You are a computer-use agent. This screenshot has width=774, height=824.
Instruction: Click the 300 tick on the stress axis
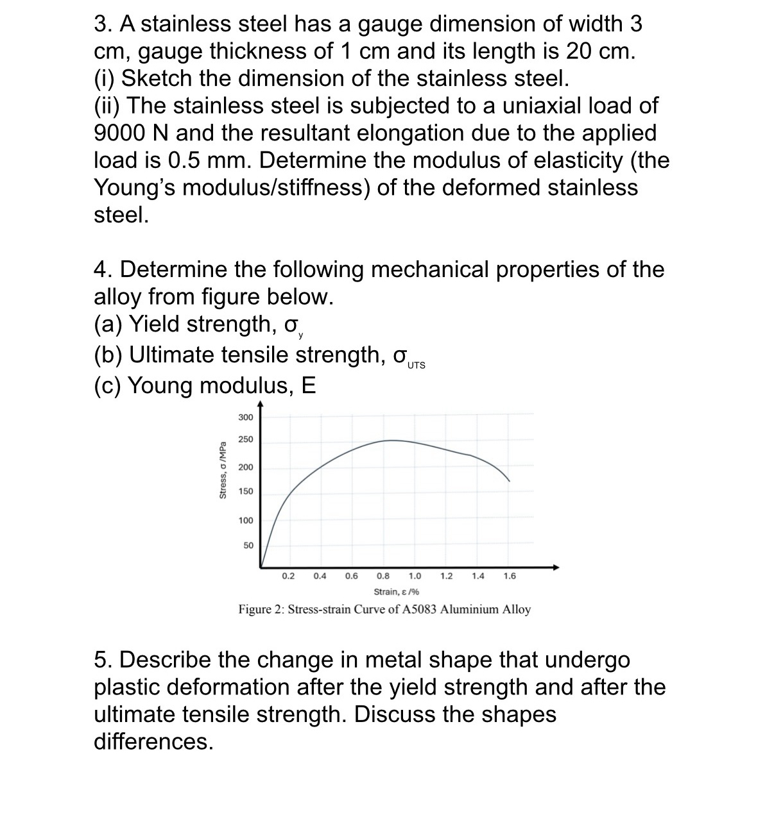(x=246, y=417)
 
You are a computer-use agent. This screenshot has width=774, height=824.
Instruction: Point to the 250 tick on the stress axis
(x=246, y=439)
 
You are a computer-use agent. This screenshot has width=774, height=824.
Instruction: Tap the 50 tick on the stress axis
(x=248, y=545)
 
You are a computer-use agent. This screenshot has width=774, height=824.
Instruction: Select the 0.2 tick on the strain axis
(x=288, y=576)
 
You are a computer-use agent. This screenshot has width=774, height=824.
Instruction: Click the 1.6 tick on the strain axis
(x=509, y=576)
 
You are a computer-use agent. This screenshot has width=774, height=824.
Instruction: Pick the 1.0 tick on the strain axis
(x=415, y=576)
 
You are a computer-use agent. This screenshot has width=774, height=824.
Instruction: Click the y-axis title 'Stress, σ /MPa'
(x=223, y=470)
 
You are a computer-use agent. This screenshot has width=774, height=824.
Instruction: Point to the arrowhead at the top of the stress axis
(x=260, y=404)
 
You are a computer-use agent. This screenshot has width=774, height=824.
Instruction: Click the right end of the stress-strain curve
(x=510, y=480)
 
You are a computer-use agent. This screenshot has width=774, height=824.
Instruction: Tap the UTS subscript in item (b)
(x=416, y=366)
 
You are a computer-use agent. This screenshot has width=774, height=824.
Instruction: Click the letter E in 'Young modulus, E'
(x=308, y=385)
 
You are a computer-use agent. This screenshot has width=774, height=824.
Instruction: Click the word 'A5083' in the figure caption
(x=420, y=609)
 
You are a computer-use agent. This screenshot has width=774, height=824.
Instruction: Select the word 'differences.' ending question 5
(x=153, y=742)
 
